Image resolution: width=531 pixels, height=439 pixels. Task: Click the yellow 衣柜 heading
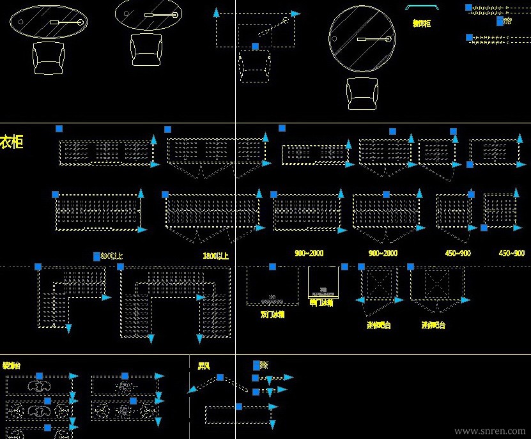coord(12,141)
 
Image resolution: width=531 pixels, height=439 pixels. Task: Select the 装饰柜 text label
coord(421,23)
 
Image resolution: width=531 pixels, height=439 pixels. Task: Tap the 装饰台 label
coord(11,366)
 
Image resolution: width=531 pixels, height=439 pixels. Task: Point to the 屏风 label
coord(203,366)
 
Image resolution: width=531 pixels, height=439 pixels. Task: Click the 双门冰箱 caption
coord(272,314)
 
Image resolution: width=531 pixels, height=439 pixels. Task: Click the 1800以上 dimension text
coord(215,255)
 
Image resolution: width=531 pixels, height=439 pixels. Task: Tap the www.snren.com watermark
coord(489,431)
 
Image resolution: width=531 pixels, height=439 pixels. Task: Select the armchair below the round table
coord(362,94)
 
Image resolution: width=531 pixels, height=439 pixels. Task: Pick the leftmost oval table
coord(49,22)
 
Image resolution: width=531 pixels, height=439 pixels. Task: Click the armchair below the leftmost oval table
coord(49,57)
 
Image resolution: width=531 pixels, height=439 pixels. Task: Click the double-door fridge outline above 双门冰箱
coord(272,286)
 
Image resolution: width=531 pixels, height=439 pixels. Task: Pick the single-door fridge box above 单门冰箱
coord(323,281)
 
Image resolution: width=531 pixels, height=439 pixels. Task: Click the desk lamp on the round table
coord(373,40)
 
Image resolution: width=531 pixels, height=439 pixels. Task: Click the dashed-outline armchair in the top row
coord(255,67)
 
